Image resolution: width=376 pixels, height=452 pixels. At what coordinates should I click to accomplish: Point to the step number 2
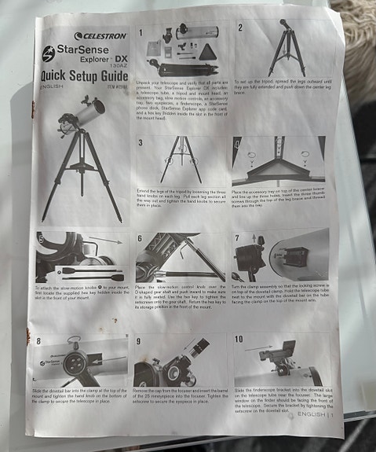pyautogui.click(x=239, y=27)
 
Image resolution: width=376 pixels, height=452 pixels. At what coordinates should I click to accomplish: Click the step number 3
pyautogui.click(x=140, y=142)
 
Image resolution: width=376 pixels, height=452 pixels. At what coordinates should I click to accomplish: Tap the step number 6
pyautogui.click(x=140, y=237)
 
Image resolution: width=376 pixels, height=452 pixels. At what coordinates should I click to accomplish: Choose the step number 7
pyautogui.click(x=237, y=237)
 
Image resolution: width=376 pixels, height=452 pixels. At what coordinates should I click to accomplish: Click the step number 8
pyautogui.click(x=40, y=343)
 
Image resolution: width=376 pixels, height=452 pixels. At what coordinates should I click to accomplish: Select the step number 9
pyautogui.click(x=138, y=342)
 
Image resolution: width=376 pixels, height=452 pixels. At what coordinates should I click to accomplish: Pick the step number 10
pyautogui.click(x=239, y=338)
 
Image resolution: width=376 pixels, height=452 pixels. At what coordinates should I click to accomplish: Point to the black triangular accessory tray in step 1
pyautogui.click(x=206, y=51)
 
